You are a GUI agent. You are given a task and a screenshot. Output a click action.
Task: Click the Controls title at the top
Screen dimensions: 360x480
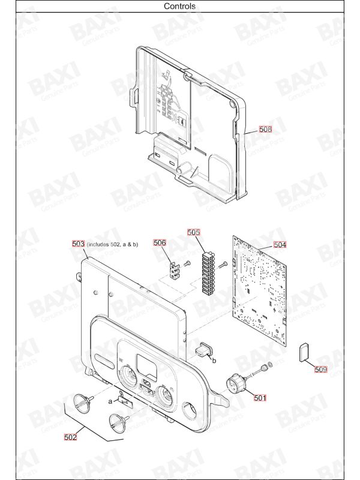click(179, 6)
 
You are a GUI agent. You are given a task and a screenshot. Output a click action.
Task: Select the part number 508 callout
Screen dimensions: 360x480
click(265, 129)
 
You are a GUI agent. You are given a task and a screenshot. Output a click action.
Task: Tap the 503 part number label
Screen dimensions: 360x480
click(78, 244)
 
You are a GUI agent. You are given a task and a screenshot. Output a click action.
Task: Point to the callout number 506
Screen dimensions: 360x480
click(160, 243)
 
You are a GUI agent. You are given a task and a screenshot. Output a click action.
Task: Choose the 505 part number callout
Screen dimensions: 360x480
click(193, 232)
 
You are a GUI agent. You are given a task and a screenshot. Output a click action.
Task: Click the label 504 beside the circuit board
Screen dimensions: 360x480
click(280, 245)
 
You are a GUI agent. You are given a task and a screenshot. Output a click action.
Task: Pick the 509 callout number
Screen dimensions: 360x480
click(321, 370)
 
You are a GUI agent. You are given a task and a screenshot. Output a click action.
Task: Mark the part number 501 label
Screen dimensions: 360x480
click(260, 398)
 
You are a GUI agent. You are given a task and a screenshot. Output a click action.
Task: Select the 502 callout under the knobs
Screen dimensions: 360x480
click(70, 437)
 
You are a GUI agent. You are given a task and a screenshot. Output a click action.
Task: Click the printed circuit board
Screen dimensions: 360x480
click(260, 290)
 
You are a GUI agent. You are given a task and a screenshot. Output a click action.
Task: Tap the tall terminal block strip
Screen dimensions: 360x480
click(208, 274)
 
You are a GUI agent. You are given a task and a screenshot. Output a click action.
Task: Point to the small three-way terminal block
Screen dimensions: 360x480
click(175, 270)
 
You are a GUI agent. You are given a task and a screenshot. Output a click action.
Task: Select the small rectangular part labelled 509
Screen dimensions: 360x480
click(304, 352)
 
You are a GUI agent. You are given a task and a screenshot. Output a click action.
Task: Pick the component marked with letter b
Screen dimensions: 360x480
click(202, 350)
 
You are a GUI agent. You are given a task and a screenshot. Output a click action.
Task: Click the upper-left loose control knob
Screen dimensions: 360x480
click(83, 401)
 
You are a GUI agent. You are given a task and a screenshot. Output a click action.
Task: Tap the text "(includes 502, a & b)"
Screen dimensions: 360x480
click(112, 245)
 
